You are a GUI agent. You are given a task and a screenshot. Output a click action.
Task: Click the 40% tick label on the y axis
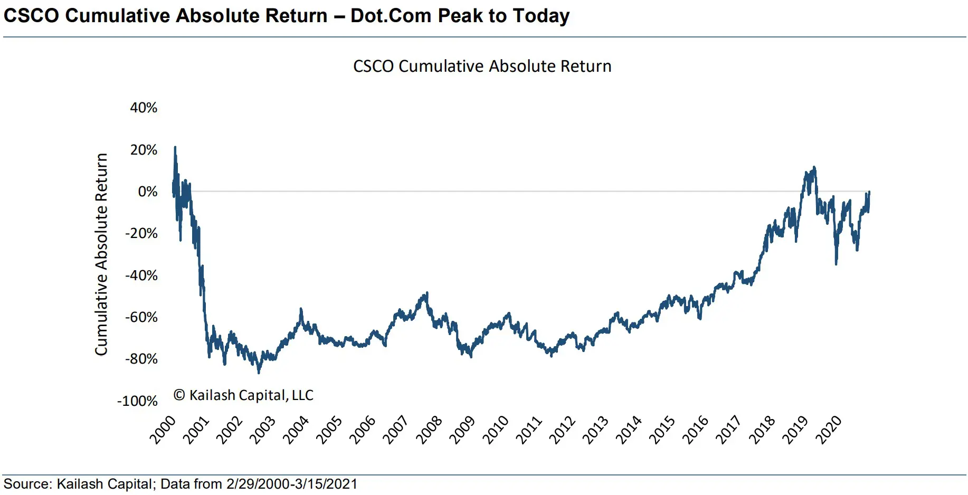(x=144, y=108)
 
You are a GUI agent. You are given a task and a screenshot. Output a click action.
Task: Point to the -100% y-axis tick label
(x=137, y=401)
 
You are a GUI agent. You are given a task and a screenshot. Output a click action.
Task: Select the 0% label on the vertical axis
(x=148, y=192)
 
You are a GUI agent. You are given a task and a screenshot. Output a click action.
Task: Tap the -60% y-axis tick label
(x=141, y=317)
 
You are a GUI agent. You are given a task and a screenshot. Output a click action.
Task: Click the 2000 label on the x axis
(x=163, y=430)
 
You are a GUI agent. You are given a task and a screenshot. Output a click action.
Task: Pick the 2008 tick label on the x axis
(x=429, y=430)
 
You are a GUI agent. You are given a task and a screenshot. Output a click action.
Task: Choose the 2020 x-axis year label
(x=828, y=430)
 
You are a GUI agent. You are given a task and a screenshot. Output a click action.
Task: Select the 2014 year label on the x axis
(x=628, y=430)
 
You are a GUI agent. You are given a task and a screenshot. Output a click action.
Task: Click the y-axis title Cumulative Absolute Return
(x=101, y=254)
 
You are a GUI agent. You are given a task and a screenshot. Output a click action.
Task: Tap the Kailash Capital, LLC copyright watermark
(x=243, y=395)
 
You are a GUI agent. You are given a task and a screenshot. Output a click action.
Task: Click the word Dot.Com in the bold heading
(x=391, y=16)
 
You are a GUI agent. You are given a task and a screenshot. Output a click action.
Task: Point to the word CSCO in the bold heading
(x=31, y=16)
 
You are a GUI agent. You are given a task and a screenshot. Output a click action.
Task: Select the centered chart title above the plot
(x=482, y=66)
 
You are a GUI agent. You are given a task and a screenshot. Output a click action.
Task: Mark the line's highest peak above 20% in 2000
(x=175, y=147)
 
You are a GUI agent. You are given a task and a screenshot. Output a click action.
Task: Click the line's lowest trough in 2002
(x=259, y=373)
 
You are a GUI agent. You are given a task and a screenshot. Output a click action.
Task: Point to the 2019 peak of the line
(x=814, y=167)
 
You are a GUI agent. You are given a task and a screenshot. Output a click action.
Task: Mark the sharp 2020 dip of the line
(x=836, y=264)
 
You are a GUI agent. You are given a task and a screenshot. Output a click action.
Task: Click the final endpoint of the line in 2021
(x=869, y=192)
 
